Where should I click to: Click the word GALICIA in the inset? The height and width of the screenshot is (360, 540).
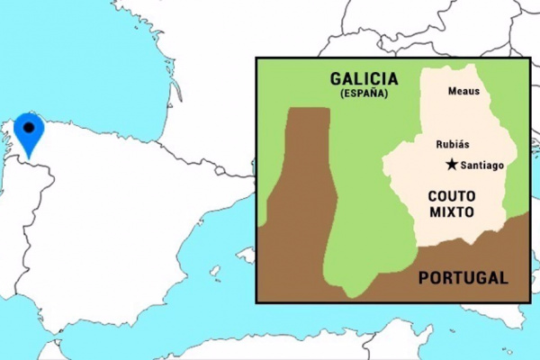coord(364,80)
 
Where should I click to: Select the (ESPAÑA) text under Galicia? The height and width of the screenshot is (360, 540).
coord(364,94)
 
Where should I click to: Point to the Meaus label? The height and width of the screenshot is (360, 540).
coord(463,91)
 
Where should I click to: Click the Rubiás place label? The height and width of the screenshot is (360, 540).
coord(453,144)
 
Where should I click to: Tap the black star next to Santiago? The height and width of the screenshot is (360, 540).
coord(451,165)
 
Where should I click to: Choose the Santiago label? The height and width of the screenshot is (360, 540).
coord(481,166)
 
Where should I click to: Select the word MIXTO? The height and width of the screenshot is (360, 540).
coord(451,211)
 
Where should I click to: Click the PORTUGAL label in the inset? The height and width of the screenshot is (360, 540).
coord(463,277)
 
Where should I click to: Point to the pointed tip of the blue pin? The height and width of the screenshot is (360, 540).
coord(30,158)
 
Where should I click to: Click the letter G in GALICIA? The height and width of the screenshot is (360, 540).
coord(334,80)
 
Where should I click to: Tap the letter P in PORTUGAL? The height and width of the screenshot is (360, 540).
coord(424,277)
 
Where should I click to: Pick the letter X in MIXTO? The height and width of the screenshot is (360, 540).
coord(453,211)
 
